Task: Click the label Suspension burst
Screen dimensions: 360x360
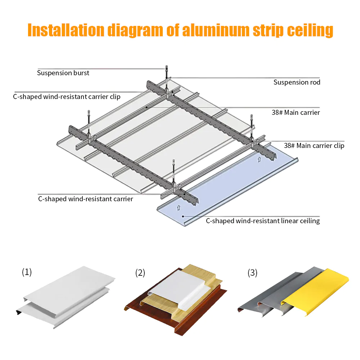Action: (x=63, y=73)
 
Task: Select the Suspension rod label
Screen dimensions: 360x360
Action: (x=297, y=82)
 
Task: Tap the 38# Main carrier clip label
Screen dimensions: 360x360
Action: (x=314, y=145)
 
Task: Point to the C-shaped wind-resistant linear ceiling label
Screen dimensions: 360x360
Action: (x=263, y=221)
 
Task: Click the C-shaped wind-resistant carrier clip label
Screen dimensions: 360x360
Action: (x=67, y=96)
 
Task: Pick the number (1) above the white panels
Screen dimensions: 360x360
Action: (x=27, y=272)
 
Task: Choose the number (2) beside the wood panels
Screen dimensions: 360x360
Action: (x=140, y=273)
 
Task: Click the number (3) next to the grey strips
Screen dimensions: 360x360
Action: (x=252, y=273)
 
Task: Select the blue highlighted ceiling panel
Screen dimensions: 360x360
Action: (x=227, y=184)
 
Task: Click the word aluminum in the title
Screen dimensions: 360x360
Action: (x=216, y=30)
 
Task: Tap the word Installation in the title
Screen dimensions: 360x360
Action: (x=66, y=30)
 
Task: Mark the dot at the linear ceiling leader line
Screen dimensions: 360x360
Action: (x=183, y=216)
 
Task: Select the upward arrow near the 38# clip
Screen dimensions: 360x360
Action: (x=259, y=159)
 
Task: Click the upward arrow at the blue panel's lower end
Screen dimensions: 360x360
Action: (x=179, y=208)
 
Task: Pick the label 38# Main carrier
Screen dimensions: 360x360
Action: (x=296, y=112)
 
